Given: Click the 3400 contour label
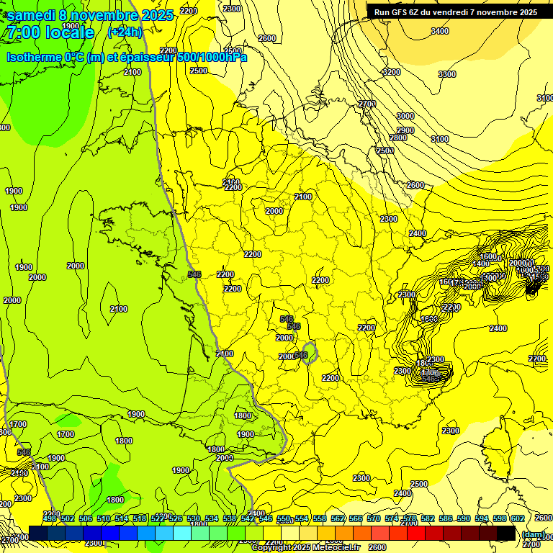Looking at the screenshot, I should click(x=439, y=31).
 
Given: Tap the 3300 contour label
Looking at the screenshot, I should click(x=447, y=74).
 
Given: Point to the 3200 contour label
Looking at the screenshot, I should click(x=391, y=72).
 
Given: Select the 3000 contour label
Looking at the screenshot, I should click(x=405, y=116).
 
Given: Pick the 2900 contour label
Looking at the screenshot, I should click(x=405, y=130).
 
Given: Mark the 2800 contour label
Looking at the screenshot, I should click(x=398, y=138).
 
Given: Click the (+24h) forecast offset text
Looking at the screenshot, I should click(x=125, y=32).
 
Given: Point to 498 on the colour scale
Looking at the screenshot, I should click(x=50, y=518).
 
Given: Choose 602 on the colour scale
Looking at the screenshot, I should click(x=517, y=518).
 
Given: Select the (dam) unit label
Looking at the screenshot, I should click(x=534, y=534).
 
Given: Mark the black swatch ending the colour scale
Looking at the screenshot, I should click(x=506, y=534).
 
